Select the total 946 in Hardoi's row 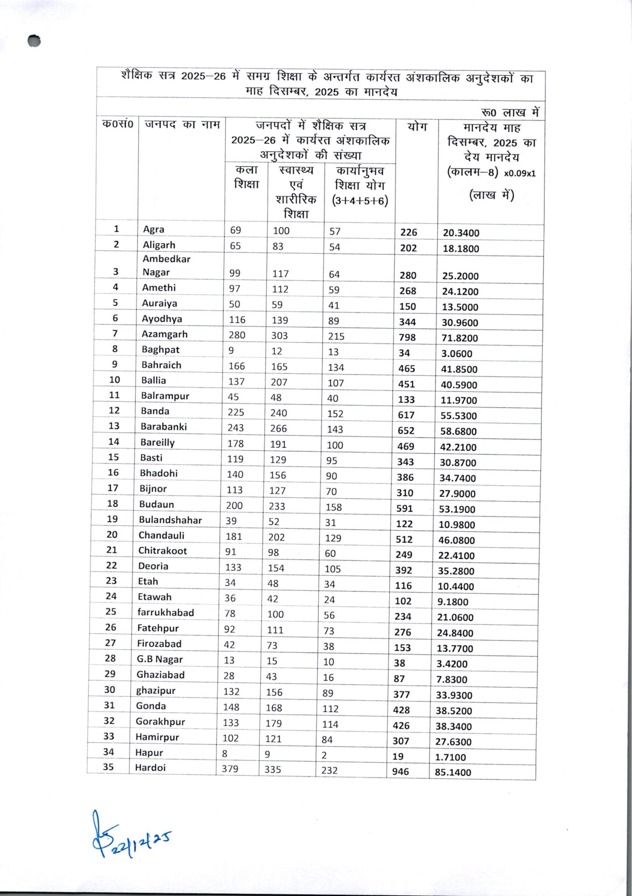(x=401, y=771)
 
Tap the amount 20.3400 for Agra (x=461, y=233)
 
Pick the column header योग (x=417, y=127)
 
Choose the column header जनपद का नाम (x=182, y=125)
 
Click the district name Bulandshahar (x=170, y=520)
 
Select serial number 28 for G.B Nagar (x=110, y=658)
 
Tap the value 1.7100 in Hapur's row (x=451, y=757)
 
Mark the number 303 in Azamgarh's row (x=279, y=336)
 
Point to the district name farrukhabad (x=166, y=612)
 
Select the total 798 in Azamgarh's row (x=407, y=337)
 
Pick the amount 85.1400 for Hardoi (x=453, y=772)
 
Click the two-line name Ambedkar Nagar (x=166, y=265)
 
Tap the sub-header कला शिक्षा (x=246, y=177)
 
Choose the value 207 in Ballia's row (x=279, y=382)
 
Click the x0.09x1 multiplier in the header (x=520, y=174)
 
